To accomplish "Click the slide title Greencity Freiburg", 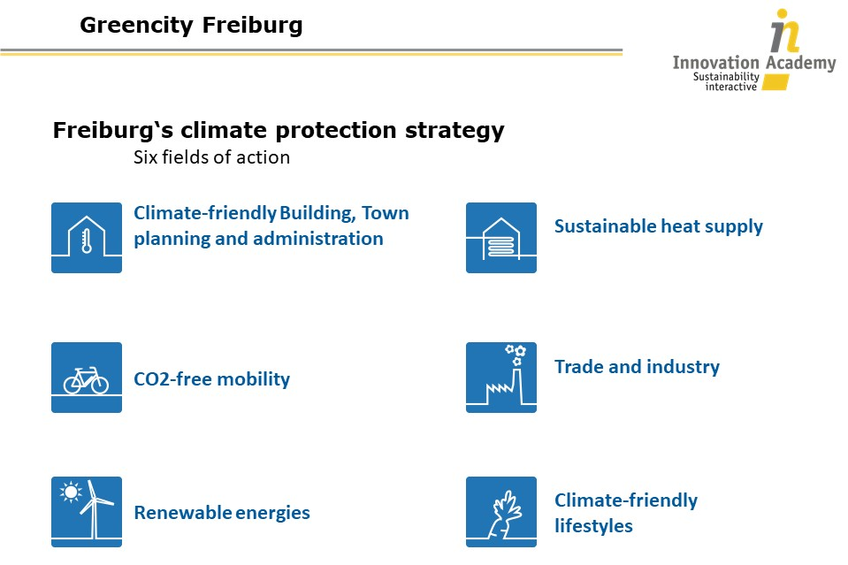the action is tap(191, 26).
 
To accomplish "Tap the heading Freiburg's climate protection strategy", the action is tap(279, 130).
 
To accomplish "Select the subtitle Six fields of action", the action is tap(211, 157).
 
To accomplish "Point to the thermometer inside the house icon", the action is tap(87, 241).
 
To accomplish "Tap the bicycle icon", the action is tap(86, 380).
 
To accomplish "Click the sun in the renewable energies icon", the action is tap(71, 492).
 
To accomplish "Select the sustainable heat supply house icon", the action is tap(501, 238).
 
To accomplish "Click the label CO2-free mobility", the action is tap(211, 379).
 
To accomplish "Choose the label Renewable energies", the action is tap(222, 513).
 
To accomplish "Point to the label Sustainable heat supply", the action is tap(658, 226).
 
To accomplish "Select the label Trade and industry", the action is tap(637, 367).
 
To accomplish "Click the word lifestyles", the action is tap(593, 526).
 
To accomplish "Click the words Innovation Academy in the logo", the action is tap(754, 63).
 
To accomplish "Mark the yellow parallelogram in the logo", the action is tap(775, 82).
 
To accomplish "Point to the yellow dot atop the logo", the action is tap(782, 14).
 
